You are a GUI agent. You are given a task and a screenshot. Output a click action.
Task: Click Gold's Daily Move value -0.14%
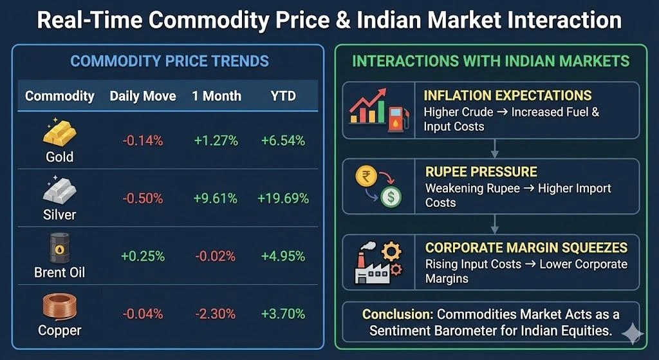click(142, 140)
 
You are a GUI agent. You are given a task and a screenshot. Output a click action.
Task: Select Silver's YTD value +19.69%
click(283, 198)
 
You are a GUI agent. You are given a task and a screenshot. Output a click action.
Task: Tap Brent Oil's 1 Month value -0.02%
click(214, 256)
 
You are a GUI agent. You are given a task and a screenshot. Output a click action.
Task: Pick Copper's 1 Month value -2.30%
click(214, 314)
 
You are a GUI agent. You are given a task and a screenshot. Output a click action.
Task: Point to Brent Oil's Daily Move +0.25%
click(142, 256)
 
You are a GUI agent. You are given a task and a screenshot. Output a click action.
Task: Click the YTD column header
click(283, 96)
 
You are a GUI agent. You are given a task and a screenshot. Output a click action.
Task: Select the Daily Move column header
click(142, 96)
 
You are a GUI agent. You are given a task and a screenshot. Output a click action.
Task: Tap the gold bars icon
click(60, 133)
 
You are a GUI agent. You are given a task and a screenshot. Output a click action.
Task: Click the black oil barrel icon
click(60, 248)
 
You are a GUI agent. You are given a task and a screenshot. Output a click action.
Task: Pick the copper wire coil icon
click(60, 308)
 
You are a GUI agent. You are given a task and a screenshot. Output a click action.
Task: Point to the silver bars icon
click(60, 191)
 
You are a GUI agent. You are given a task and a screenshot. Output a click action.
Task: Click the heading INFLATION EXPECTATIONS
click(507, 96)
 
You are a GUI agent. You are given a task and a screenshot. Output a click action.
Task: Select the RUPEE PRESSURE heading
click(481, 173)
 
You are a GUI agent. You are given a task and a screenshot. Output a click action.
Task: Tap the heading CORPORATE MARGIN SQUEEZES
click(526, 248)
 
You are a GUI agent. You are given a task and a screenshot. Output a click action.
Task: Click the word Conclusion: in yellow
click(398, 314)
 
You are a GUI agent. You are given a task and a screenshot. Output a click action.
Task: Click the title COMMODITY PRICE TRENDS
click(169, 62)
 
